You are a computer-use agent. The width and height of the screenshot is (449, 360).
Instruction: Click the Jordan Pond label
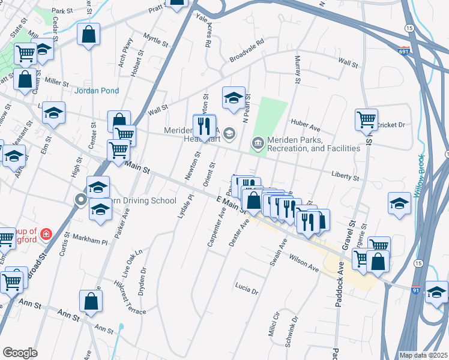click(x=97, y=91)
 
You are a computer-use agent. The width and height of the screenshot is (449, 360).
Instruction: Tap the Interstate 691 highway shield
click(x=404, y=51)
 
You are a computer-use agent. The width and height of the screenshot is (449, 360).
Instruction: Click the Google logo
click(x=20, y=352)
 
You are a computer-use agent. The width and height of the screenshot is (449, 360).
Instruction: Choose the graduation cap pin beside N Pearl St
click(x=234, y=98)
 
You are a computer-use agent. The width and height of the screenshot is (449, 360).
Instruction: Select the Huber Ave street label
click(x=306, y=128)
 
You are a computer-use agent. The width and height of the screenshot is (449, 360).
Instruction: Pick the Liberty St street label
click(x=345, y=176)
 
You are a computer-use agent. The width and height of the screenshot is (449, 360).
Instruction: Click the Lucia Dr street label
click(x=246, y=289)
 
